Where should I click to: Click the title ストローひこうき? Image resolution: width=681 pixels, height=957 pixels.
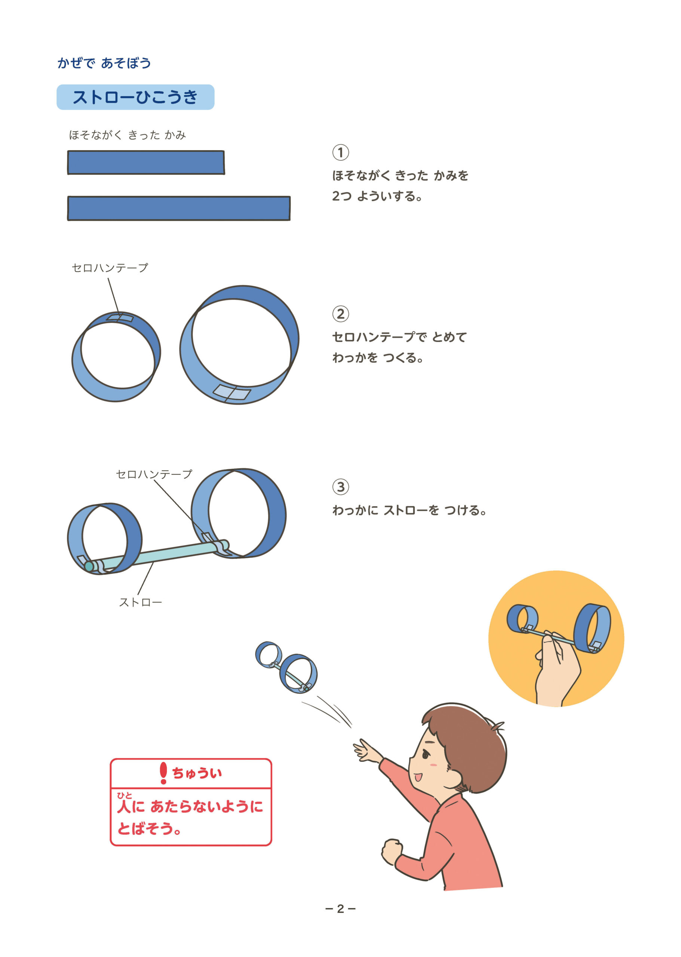click(x=135, y=97)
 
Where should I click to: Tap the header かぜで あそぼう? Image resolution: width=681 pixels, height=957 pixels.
click(x=104, y=63)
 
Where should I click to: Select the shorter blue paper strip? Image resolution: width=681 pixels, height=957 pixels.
click(x=146, y=162)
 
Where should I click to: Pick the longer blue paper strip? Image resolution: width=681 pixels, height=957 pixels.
click(x=179, y=208)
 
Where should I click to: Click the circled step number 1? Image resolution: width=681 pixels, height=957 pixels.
click(x=340, y=153)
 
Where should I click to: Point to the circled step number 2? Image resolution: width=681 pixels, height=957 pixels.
click(x=340, y=314)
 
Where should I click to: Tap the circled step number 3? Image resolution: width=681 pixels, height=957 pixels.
click(x=340, y=487)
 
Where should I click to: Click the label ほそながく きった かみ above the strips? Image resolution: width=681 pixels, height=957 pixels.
click(x=128, y=135)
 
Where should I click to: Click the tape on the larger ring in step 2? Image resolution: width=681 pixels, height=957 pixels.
click(x=231, y=393)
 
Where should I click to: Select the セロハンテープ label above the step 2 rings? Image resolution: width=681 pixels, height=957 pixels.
click(x=110, y=268)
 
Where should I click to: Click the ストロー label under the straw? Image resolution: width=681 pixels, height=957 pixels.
click(x=141, y=602)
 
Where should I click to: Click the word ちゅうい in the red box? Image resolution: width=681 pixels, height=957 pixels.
click(x=197, y=773)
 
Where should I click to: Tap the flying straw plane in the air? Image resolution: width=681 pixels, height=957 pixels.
click(x=286, y=667)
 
